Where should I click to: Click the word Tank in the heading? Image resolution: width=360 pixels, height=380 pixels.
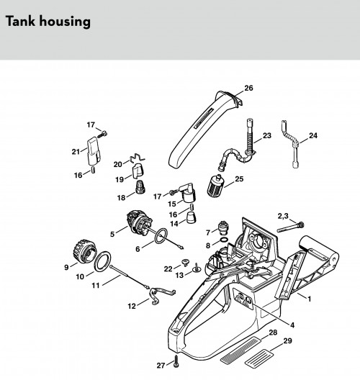[x=21, y=21]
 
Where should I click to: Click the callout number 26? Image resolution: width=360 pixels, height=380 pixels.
[x=248, y=88]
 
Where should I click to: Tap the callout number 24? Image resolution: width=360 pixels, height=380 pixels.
[x=313, y=135]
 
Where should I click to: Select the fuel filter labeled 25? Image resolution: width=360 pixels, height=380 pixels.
[x=215, y=186]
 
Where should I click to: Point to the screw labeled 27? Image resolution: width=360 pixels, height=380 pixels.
[x=176, y=363]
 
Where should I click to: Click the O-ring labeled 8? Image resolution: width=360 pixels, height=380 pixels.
[x=224, y=240]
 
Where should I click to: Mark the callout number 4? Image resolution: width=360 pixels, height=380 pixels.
[x=292, y=325]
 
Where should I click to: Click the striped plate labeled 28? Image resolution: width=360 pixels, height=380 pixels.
[x=240, y=349]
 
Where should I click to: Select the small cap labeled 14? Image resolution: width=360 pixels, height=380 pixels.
[x=192, y=217]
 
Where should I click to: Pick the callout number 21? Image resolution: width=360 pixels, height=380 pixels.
[x=76, y=152]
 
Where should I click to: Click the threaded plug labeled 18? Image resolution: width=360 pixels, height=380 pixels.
[x=140, y=187]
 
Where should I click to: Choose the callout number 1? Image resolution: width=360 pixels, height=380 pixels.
[x=309, y=299]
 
